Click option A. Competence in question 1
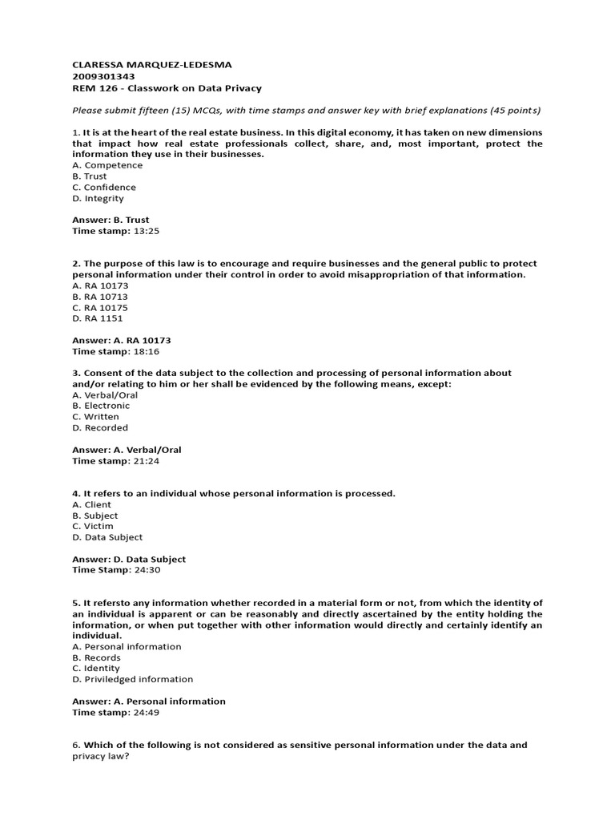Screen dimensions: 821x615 coord(107,165)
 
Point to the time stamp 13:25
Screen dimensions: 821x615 coord(147,231)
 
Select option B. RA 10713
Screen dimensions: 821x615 coord(100,297)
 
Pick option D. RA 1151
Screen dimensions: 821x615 coord(98,318)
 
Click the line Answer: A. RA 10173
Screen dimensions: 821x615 coord(122,340)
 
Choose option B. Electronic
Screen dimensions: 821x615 coord(101,406)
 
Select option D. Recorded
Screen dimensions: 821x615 coord(100,427)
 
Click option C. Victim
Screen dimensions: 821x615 coord(93,526)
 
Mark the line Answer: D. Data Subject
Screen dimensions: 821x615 coord(129,559)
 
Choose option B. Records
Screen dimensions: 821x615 coord(97,657)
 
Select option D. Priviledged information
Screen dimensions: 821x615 coord(133,679)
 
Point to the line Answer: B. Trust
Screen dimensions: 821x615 coord(111,220)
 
